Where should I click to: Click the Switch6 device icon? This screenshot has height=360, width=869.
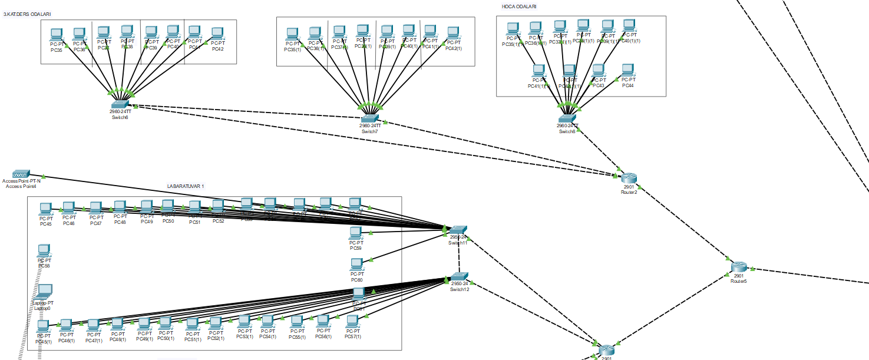[x=120, y=104]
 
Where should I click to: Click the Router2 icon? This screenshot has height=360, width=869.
[x=629, y=178]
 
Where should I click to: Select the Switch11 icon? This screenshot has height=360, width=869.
[x=458, y=230]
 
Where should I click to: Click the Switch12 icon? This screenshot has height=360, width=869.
[x=460, y=277]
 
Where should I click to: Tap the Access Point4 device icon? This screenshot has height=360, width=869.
[x=21, y=174]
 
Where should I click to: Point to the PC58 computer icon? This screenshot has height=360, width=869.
[x=44, y=250]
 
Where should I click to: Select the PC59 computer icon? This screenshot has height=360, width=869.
[x=356, y=233]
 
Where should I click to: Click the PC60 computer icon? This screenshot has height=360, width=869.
[x=356, y=264]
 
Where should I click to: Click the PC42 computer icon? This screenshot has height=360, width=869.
[x=217, y=34]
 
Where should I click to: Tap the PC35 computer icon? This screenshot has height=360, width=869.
[x=57, y=34]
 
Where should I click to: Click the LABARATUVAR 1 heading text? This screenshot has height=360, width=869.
[x=186, y=186]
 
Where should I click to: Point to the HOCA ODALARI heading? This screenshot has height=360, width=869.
[x=518, y=6]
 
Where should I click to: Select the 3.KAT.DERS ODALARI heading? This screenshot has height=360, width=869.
[x=27, y=6]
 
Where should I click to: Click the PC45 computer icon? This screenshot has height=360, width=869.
[x=45, y=209]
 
